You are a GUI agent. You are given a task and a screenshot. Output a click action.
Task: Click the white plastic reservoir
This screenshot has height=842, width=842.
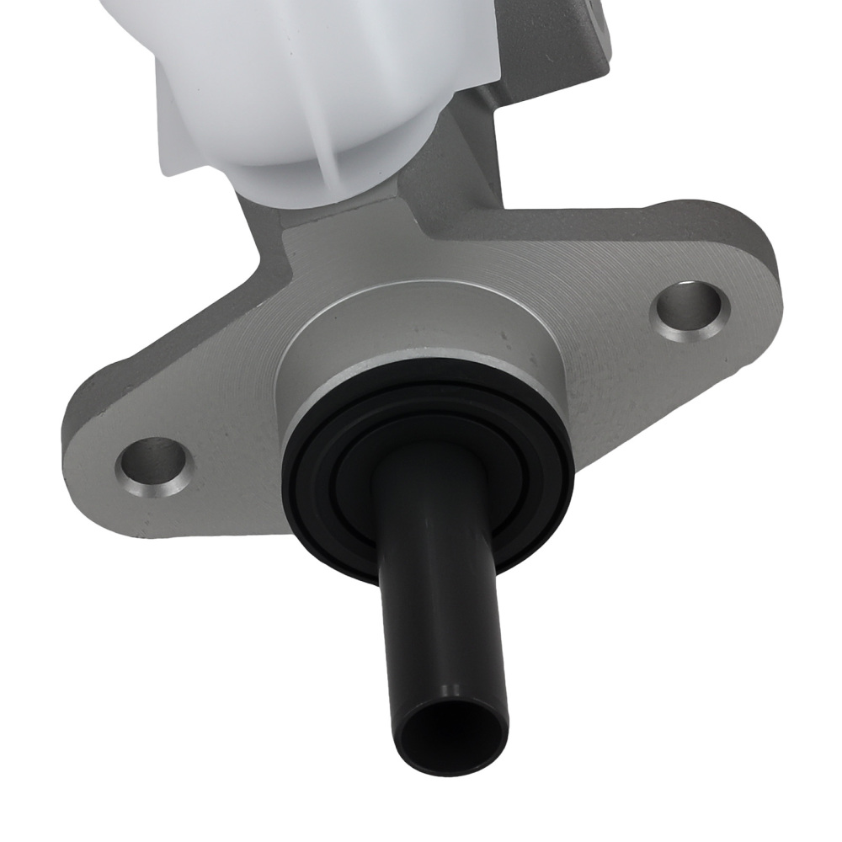point(295,76)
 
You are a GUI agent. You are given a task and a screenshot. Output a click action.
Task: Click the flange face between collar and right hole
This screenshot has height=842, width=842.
point(606,337)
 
